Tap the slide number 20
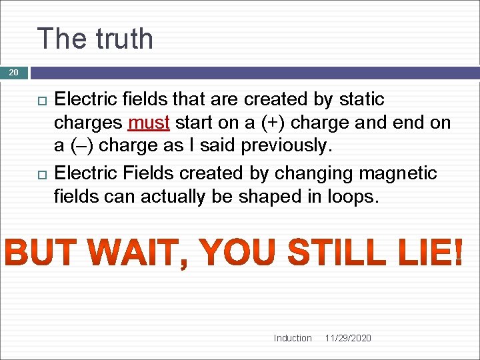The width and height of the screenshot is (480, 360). (x=14, y=72)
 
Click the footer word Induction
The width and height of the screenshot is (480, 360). (x=293, y=338)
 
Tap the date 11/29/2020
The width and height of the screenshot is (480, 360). (x=348, y=338)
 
